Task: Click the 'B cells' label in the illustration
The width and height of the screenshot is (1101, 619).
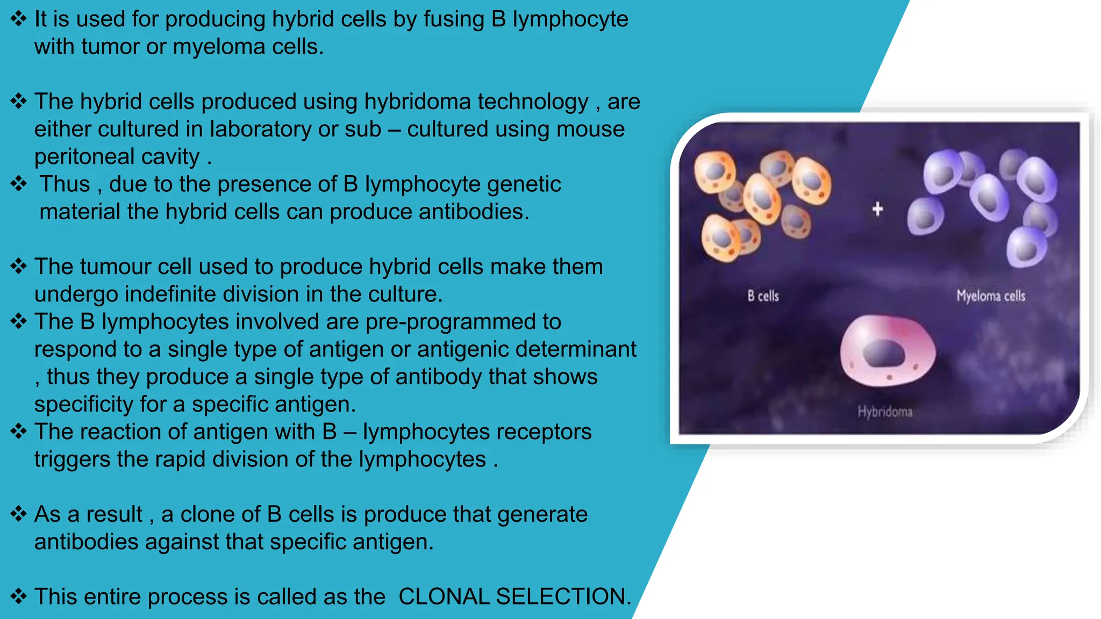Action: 763,296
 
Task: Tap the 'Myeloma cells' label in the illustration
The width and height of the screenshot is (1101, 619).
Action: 990,296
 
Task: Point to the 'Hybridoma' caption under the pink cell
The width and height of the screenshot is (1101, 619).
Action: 885,412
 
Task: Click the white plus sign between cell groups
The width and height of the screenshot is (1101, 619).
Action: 877,209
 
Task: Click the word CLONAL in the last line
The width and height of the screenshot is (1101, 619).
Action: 443,596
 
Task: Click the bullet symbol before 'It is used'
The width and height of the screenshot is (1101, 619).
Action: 18,19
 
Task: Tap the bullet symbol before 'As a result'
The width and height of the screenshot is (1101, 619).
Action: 18,514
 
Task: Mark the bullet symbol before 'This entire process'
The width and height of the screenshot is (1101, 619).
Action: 18,596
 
